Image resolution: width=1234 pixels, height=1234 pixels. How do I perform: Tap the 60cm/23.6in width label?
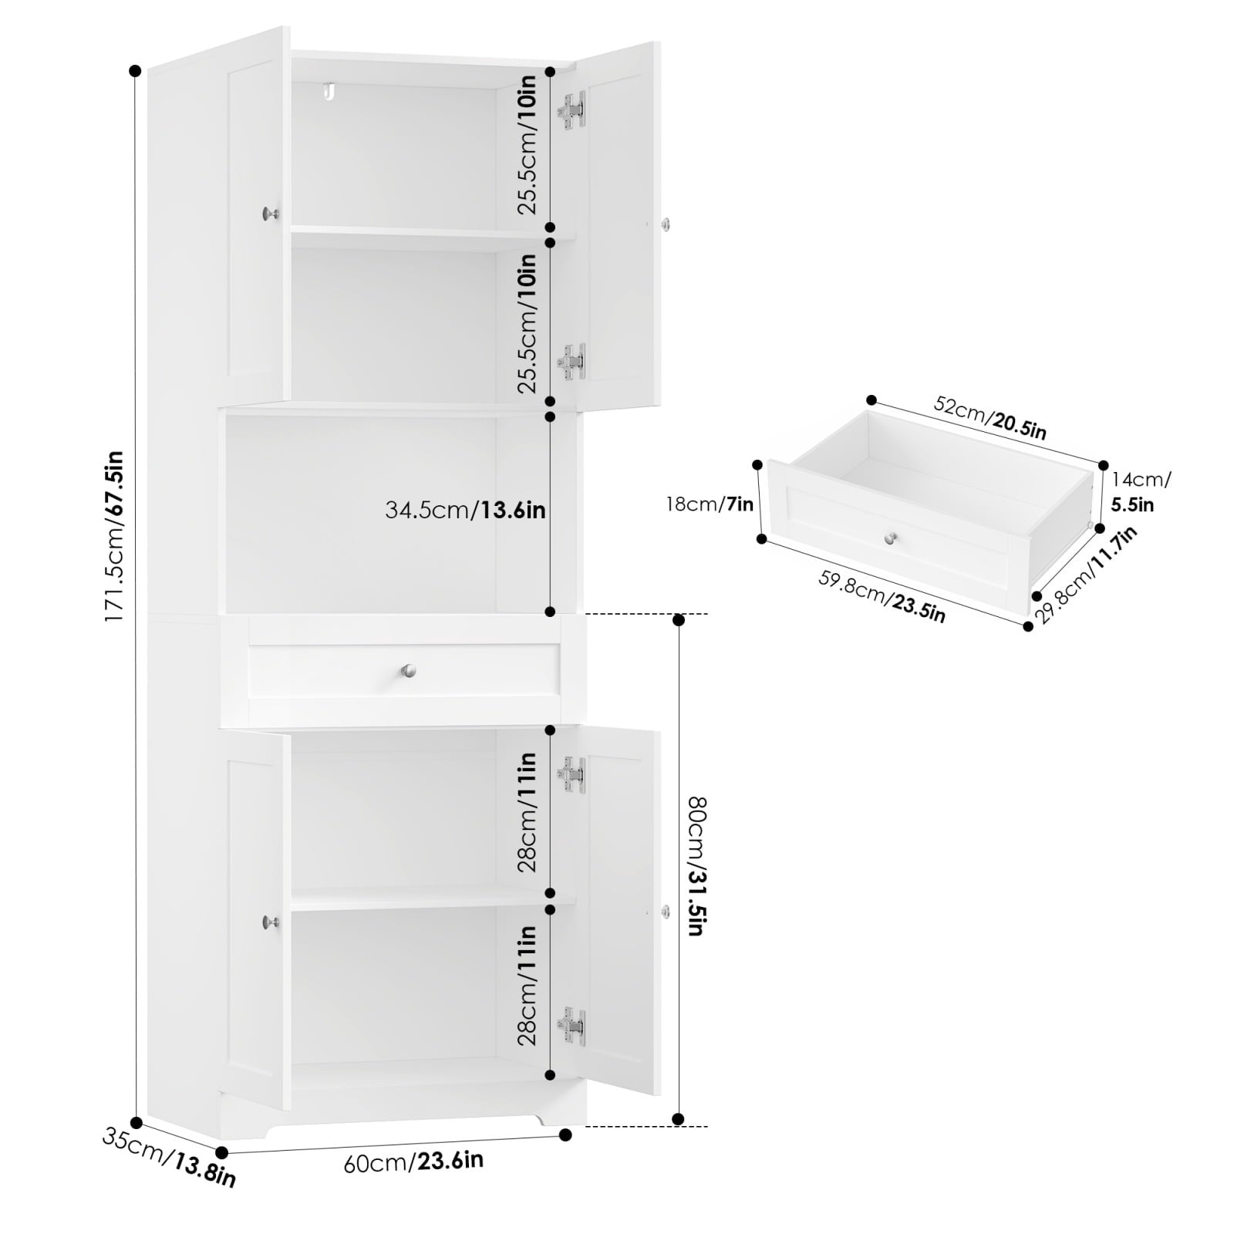click(x=413, y=1162)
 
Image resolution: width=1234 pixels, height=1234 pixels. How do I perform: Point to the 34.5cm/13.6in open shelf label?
click(x=465, y=510)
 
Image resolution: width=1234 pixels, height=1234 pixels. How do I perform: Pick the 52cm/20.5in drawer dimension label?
click(x=990, y=416)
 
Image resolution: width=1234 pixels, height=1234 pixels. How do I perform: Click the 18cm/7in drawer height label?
click(x=710, y=504)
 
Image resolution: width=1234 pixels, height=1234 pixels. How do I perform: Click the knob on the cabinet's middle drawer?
click(x=409, y=670)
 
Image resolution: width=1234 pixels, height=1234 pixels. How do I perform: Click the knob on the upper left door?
click(x=270, y=214)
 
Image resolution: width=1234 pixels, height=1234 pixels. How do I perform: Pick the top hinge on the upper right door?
click(x=572, y=110)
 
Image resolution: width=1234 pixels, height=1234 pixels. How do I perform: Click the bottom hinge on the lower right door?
click(x=572, y=1027)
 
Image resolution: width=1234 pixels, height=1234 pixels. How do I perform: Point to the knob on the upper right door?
click(x=666, y=224)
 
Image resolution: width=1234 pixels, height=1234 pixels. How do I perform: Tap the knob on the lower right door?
click(x=666, y=912)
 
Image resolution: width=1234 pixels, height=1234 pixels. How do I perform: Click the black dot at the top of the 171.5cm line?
click(x=136, y=71)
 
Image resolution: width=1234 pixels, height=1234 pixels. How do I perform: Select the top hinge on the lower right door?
click(x=572, y=774)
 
